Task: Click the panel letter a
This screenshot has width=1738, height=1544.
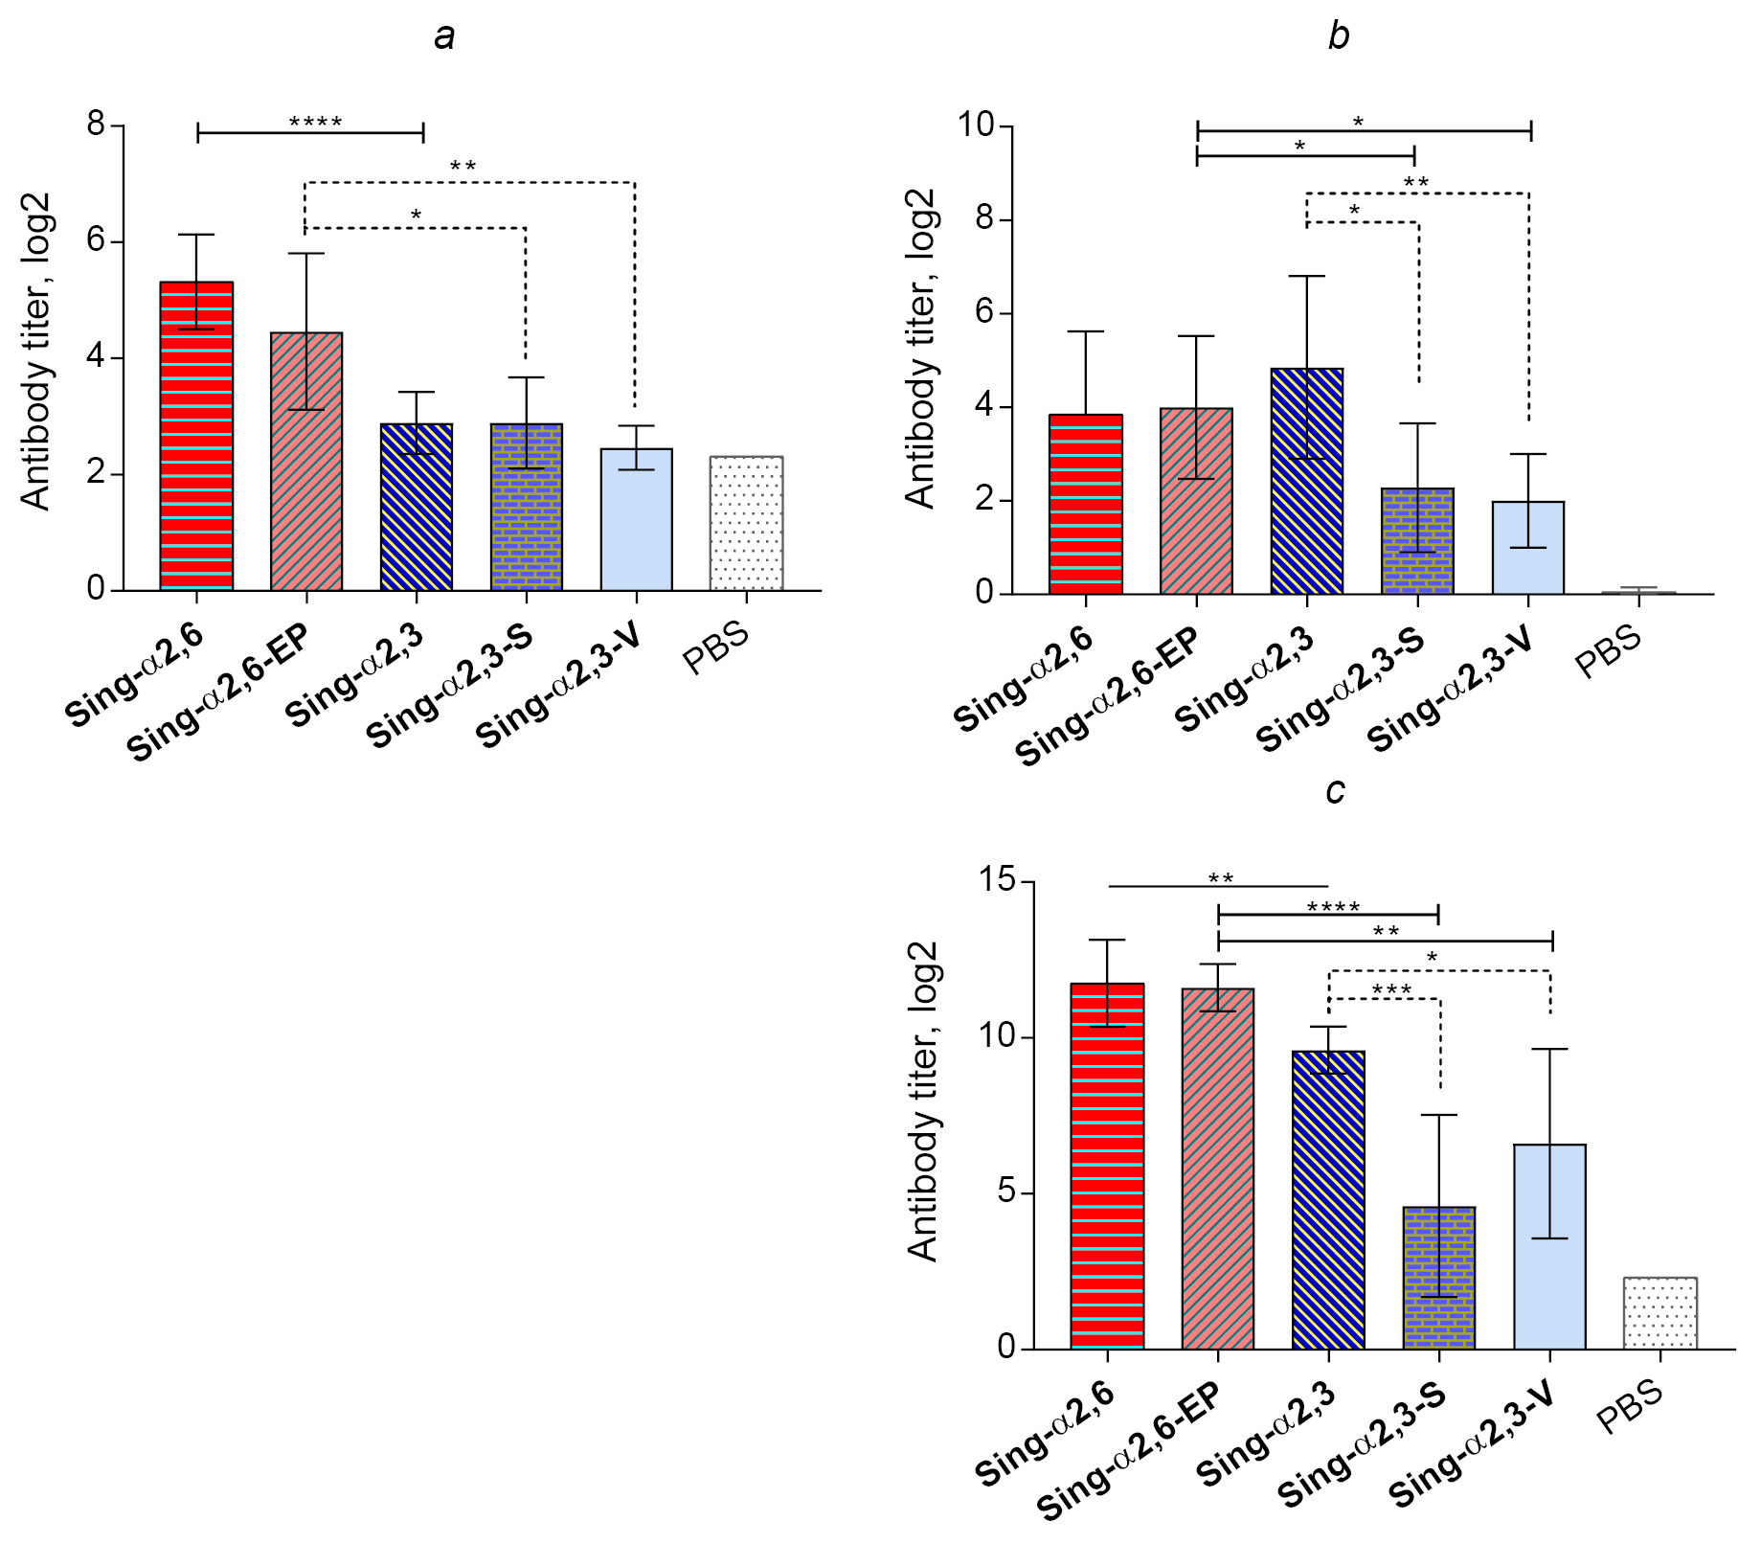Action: pos(443,37)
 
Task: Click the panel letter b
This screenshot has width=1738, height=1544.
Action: pos(1339,36)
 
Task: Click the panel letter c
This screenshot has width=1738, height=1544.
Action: pos(1335,791)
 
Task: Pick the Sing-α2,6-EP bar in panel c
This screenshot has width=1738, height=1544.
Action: pos(1217,1169)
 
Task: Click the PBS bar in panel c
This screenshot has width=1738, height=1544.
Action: pos(1660,1313)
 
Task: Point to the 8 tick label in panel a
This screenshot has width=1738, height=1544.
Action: pos(97,125)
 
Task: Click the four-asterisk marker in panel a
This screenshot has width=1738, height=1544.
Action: pos(315,122)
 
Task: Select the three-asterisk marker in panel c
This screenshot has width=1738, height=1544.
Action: pos(1391,989)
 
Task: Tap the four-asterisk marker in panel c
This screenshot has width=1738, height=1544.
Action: pos(1333,907)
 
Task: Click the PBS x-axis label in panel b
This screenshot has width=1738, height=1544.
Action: pos(1608,651)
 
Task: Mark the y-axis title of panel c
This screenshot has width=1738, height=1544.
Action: pos(921,1101)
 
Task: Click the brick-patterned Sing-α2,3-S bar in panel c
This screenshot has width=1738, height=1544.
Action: pos(1438,1278)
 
